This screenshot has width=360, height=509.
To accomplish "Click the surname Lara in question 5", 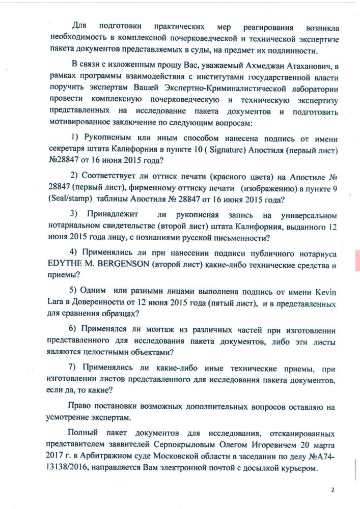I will [57, 303].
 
